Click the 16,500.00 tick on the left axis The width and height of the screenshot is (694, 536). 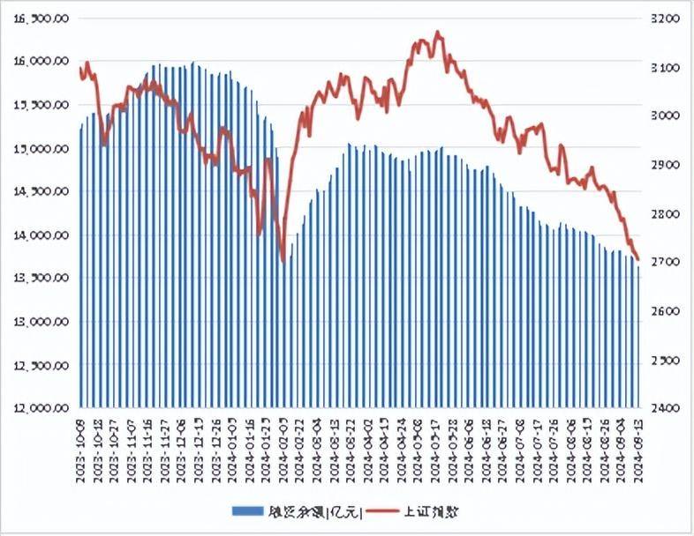click(41, 19)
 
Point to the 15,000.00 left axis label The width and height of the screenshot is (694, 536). click(41, 148)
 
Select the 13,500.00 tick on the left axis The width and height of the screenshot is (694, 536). click(41, 279)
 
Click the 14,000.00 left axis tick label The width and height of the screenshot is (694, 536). click(41, 235)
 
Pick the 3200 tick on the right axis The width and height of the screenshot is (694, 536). click(665, 19)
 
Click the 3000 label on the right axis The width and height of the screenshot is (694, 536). click(665, 116)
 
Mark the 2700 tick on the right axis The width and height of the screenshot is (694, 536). click(665, 263)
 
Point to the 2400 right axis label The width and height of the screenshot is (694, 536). click(665, 409)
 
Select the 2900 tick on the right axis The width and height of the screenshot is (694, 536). click(665, 165)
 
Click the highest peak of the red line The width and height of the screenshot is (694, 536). click(438, 33)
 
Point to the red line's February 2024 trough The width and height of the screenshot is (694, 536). click(283, 261)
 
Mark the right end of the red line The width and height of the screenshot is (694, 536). click(638, 257)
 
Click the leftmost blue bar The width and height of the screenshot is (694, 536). click(81, 264)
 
